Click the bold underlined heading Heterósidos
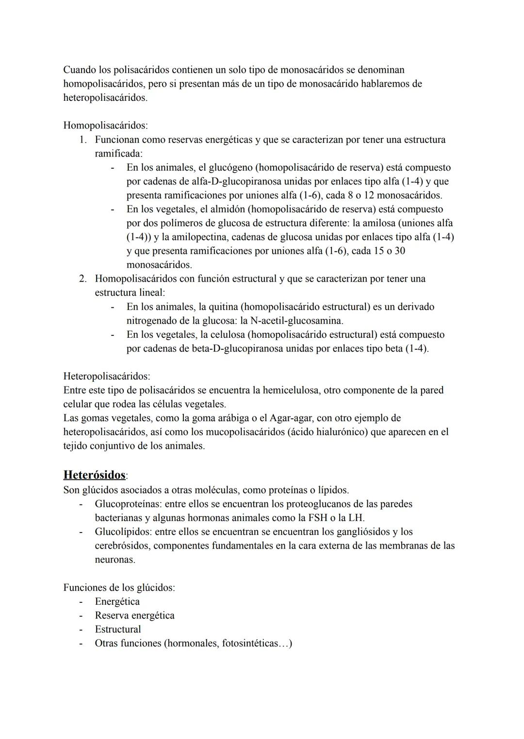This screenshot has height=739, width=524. [x=94, y=474]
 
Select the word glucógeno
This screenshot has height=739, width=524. [x=230, y=168]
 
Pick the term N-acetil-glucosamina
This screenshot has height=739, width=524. [x=296, y=321]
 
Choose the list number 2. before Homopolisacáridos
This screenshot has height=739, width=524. [x=83, y=279]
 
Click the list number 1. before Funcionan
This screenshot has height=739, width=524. [x=83, y=140]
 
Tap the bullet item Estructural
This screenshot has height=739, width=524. [x=118, y=629]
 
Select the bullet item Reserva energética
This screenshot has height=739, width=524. [x=134, y=615]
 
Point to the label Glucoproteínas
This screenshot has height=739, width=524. [x=125, y=504]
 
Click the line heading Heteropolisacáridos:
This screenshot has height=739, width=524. [x=107, y=376]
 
